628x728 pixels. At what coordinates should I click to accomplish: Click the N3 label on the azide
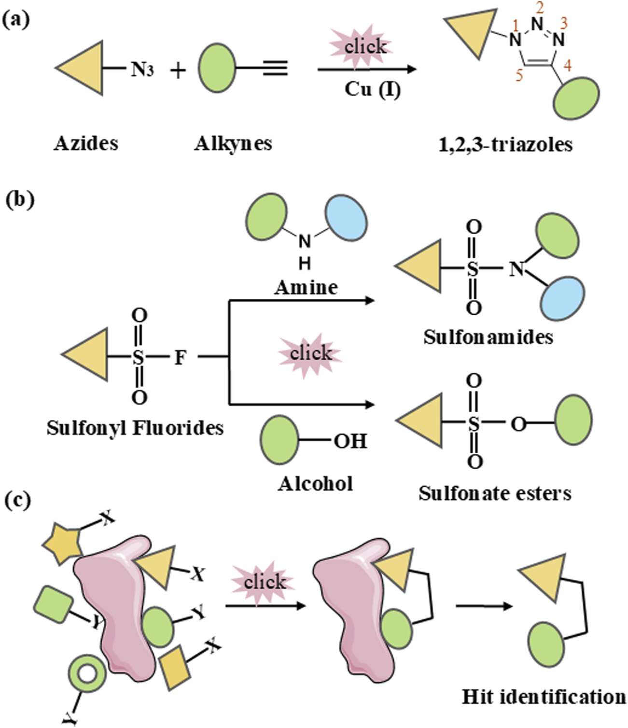pyautogui.click(x=142, y=70)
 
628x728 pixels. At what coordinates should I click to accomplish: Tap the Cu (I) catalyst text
pyautogui.click(x=372, y=89)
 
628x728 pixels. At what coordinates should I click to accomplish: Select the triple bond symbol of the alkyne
pyautogui.click(x=275, y=69)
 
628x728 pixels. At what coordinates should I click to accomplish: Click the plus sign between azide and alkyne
pyautogui.click(x=178, y=70)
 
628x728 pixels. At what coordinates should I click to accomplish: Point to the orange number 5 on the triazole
pyautogui.click(x=519, y=76)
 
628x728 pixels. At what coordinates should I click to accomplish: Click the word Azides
pyautogui.click(x=86, y=143)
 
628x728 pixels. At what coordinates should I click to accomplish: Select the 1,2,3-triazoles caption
pyautogui.click(x=505, y=145)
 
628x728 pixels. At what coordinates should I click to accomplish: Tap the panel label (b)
pyautogui.click(x=20, y=199)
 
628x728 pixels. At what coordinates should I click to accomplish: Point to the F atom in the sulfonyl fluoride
pyautogui.click(x=180, y=357)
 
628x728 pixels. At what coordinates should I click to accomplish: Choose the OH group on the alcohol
pyautogui.click(x=350, y=441)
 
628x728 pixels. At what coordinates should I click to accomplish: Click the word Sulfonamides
pyautogui.click(x=488, y=336)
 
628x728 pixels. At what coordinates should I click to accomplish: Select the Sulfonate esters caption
pyautogui.click(x=495, y=493)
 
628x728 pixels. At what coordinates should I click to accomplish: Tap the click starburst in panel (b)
pyautogui.click(x=310, y=353)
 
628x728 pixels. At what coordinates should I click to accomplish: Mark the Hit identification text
pyautogui.click(x=544, y=697)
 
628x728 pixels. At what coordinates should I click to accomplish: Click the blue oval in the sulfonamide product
pyautogui.click(x=562, y=298)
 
